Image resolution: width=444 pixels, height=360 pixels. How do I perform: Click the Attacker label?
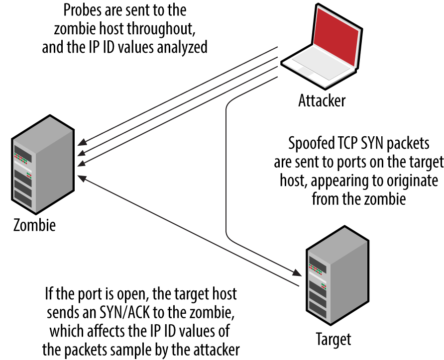[322, 100]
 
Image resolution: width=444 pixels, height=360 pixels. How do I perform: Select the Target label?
[333, 339]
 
